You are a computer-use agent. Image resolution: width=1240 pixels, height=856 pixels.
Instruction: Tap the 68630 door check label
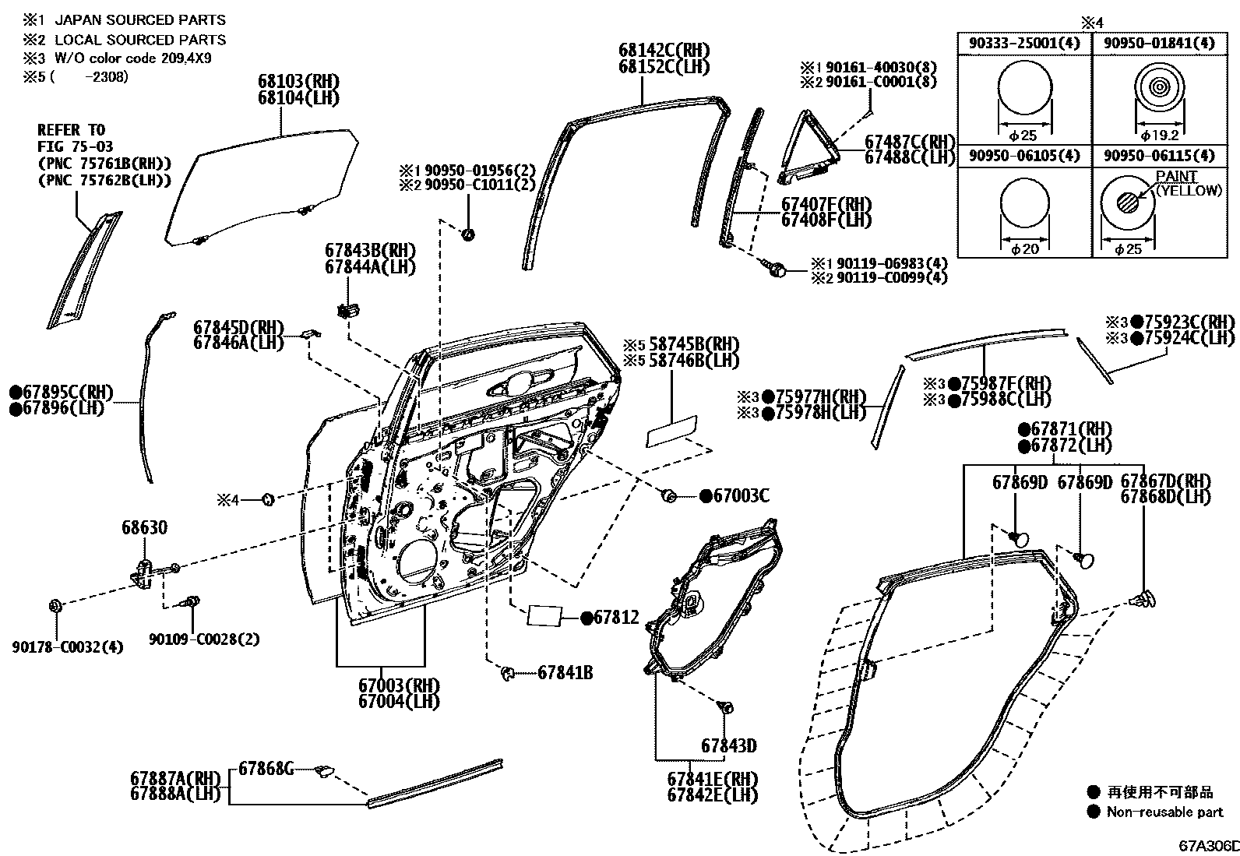tap(144, 528)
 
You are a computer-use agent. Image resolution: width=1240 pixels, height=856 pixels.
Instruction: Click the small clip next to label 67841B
tap(507, 672)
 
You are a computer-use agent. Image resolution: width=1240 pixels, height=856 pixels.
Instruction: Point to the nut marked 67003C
tap(668, 495)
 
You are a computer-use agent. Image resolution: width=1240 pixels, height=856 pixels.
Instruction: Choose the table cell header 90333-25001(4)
tap(1024, 44)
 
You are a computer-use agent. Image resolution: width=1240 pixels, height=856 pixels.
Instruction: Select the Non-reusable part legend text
tap(1165, 812)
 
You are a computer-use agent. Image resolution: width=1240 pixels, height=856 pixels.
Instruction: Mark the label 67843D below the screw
tap(728, 745)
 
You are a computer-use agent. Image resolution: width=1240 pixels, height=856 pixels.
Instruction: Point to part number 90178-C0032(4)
tap(68, 646)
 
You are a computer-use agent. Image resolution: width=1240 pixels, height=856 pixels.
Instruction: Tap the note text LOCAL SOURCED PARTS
tap(140, 40)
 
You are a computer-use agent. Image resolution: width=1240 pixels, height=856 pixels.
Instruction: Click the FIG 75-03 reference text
tap(75, 146)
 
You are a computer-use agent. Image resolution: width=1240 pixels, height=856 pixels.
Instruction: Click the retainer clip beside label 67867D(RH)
tap(1143, 600)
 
